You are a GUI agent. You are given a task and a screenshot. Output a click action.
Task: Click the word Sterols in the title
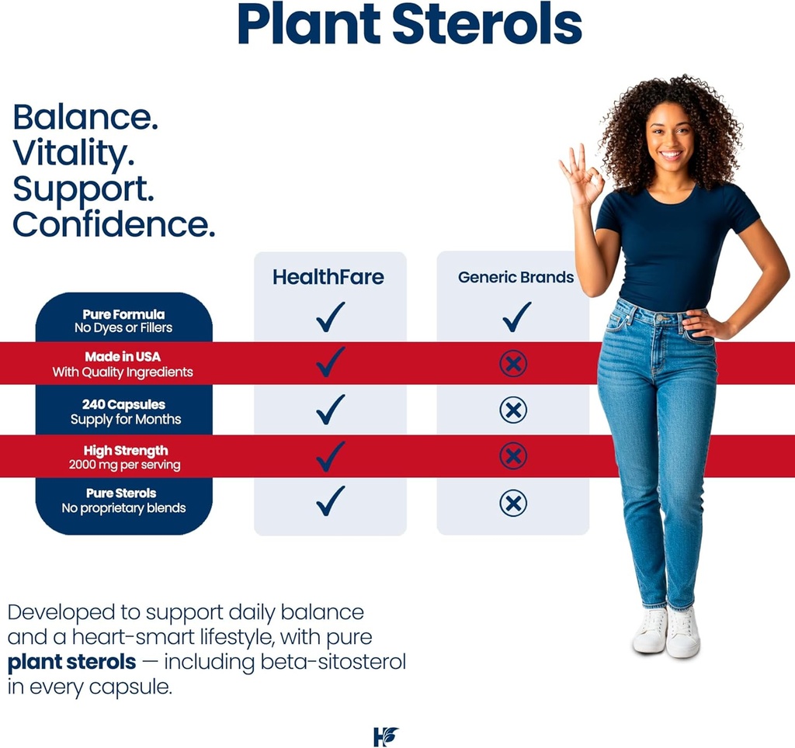(487, 24)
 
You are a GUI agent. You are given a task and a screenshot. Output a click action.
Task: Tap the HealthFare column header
(328, 277)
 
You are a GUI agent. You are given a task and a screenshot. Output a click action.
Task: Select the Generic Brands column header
(516, 277)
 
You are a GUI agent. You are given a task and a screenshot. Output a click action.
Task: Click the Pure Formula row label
(123, 321)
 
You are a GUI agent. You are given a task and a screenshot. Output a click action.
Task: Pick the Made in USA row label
(123, 365)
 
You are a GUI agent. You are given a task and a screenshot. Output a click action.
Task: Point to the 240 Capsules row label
(124, 412)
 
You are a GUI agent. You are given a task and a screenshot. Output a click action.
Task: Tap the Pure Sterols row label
(123, 500)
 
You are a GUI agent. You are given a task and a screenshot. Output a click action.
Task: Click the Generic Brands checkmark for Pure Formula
(516, 317)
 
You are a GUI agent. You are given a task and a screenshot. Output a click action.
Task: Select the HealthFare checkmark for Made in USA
(330, 362)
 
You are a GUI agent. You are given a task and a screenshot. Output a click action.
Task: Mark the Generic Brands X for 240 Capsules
(513, 410)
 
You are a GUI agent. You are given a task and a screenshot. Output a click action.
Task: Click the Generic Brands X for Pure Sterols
(513, 504)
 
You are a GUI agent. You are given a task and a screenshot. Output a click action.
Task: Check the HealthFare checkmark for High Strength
(330, 456)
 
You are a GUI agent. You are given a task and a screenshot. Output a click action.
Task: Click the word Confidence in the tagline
(114, 225)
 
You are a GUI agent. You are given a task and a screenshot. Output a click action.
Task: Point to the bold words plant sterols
(72, 663)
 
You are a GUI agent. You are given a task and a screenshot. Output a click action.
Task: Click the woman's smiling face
(671, 137)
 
